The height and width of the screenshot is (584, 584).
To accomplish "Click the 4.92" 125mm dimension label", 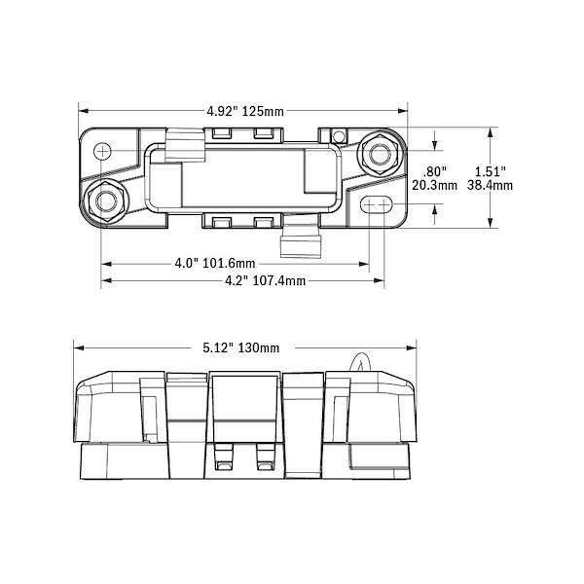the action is click(x=245, y=111).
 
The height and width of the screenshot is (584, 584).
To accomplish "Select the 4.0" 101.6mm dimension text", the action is click(x=215, y=264).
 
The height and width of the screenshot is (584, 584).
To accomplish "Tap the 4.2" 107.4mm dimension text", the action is click(x=265, y=281).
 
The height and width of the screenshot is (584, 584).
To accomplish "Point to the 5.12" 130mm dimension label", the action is click(x=241, y=347).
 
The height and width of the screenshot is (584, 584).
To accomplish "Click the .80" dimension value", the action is click(x=435, y=172).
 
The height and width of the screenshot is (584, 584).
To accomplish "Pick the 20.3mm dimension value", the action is click(x=434, y=185).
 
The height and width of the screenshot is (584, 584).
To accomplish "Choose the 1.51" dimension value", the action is click(x=491, y=172).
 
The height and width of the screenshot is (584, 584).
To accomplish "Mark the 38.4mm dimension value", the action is click(x=490, y=185).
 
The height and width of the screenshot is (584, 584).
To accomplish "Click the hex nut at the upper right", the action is click(x=380, y=155).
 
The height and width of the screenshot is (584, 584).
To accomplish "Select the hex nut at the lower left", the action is click(x=106, y=201).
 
